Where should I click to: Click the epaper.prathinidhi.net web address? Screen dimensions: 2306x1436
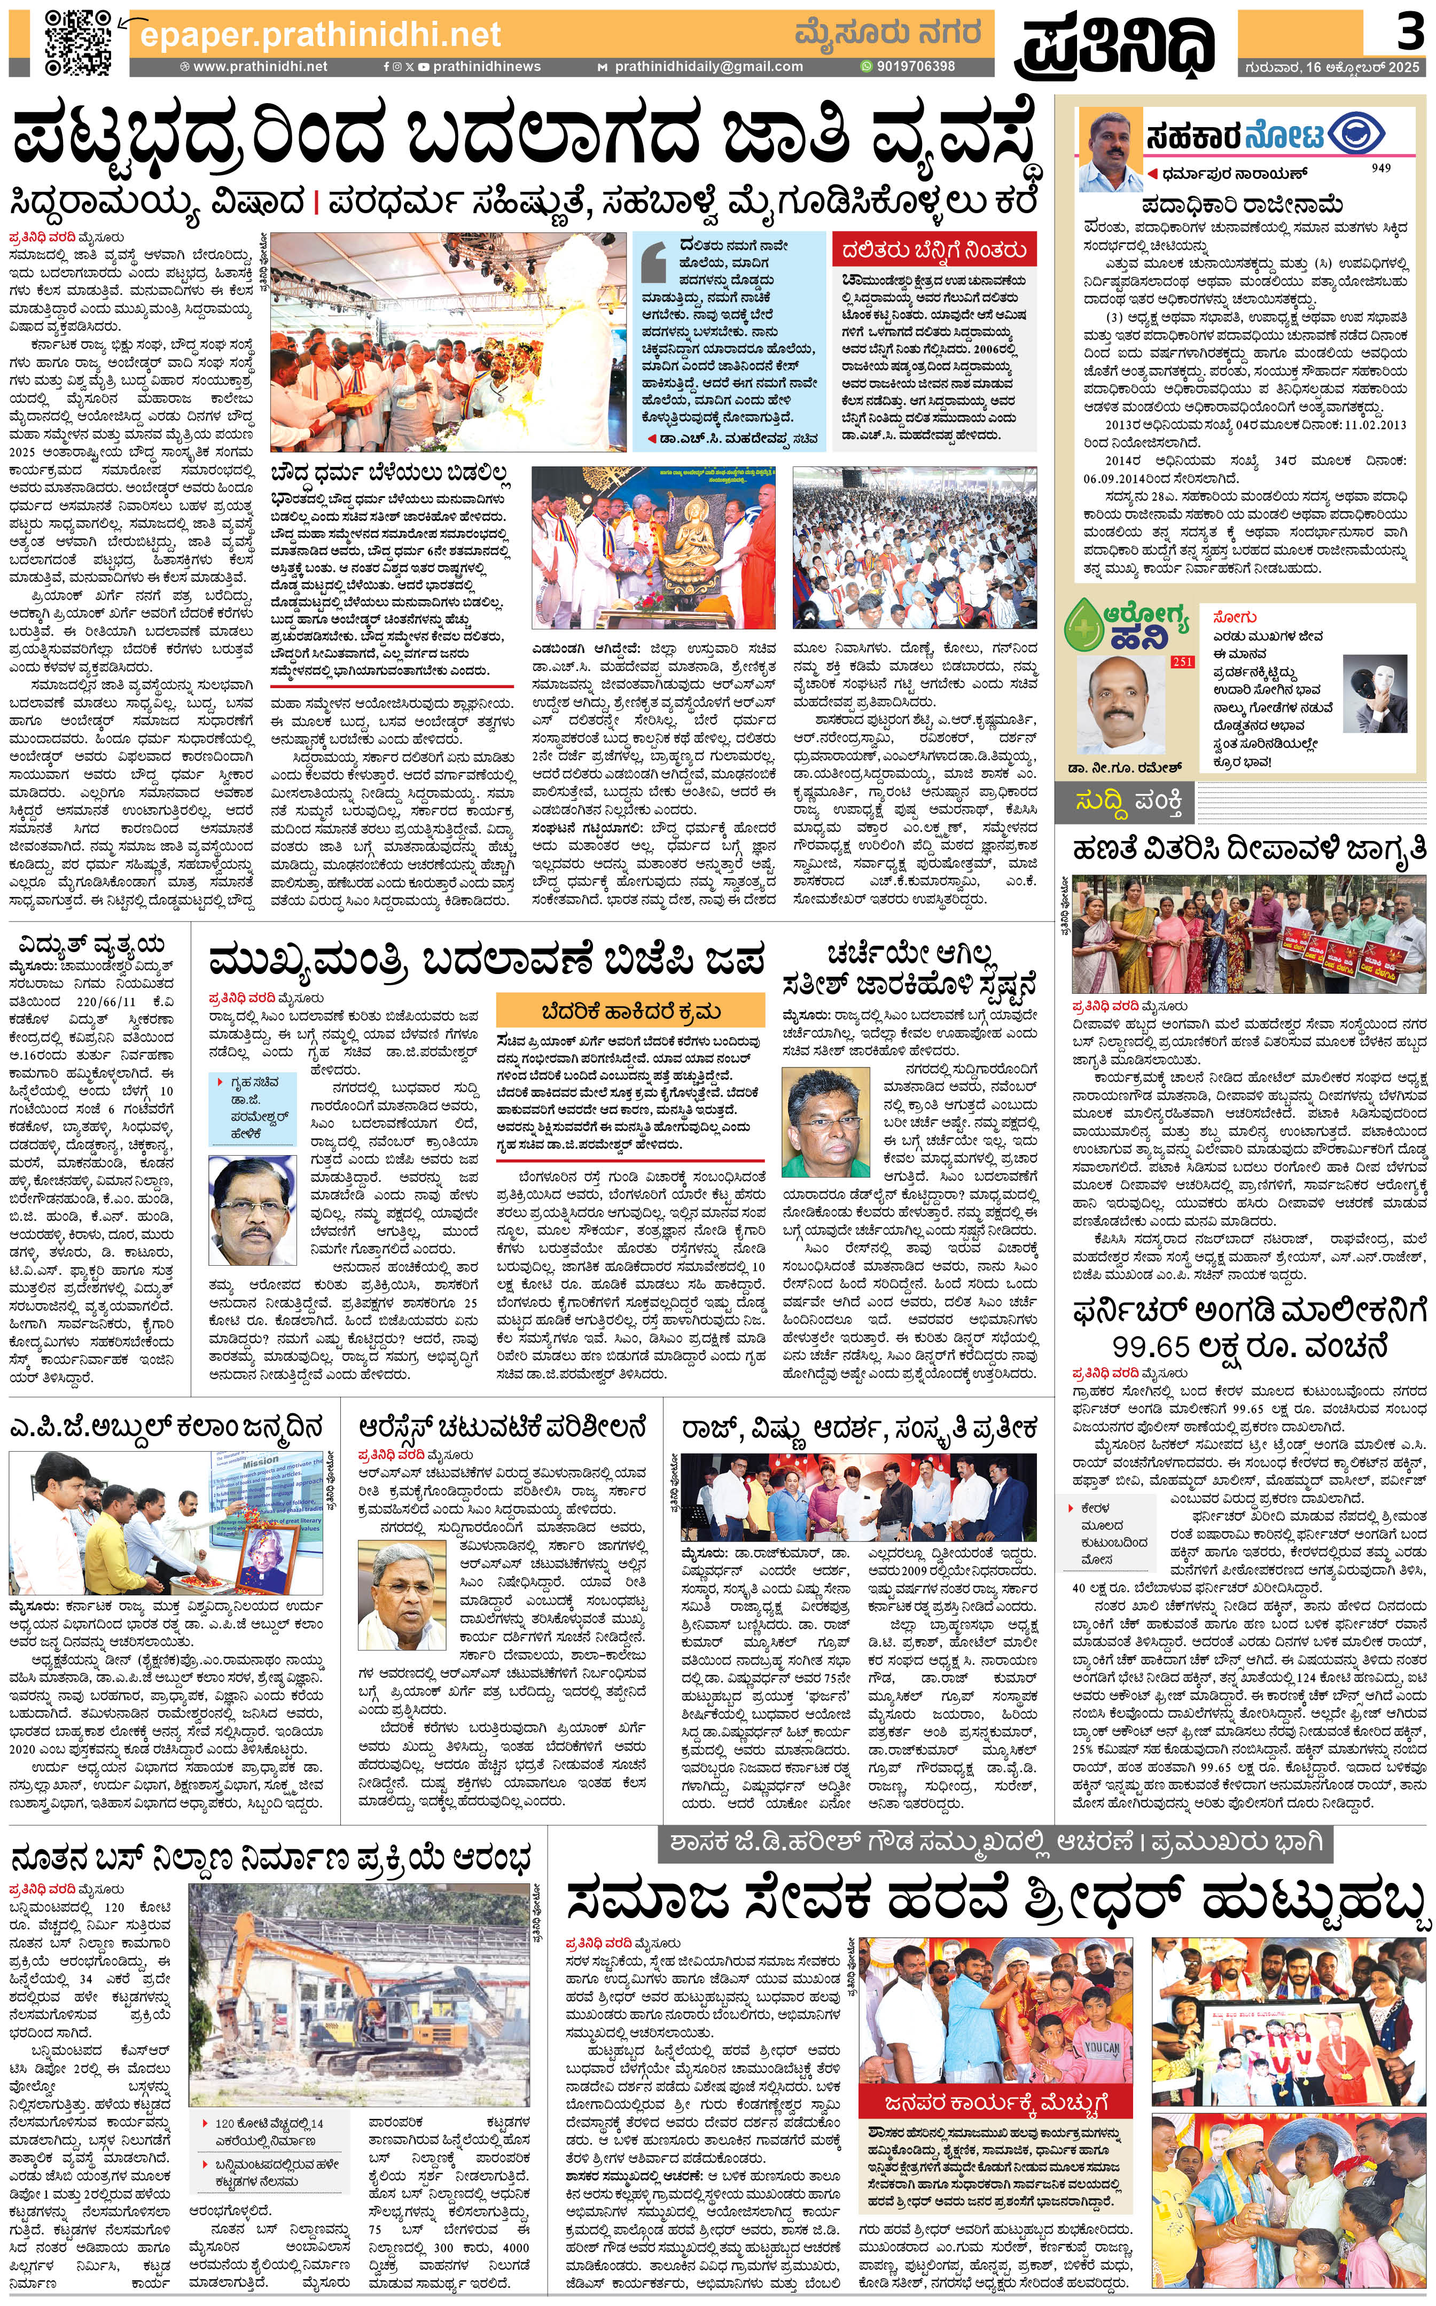(320, 34)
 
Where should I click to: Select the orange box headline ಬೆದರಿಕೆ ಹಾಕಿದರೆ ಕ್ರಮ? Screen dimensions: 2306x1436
(630, 1010)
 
